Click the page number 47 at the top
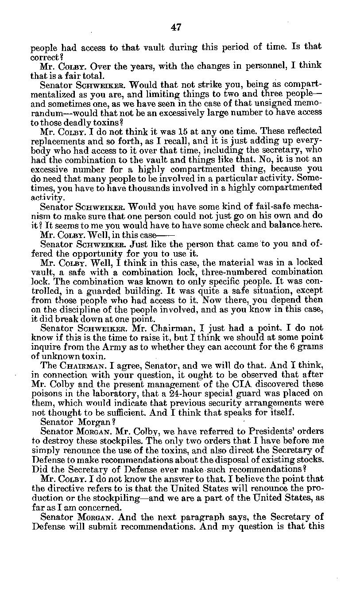[x=176, y=28]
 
